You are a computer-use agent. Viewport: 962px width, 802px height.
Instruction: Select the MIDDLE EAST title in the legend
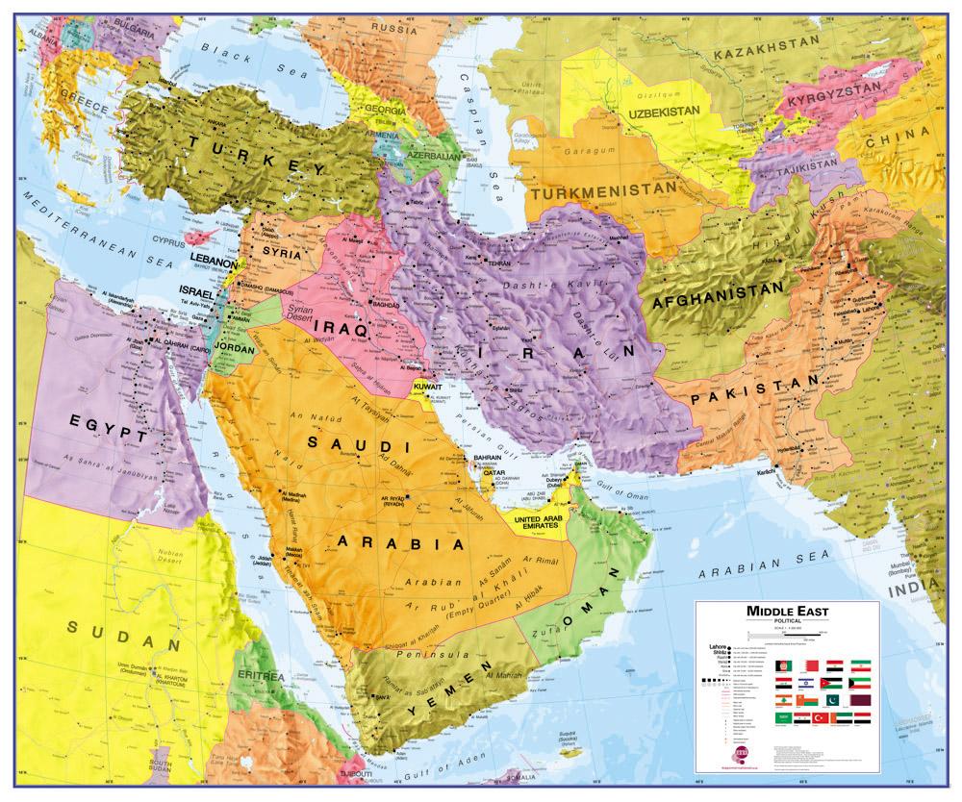coord(787,612)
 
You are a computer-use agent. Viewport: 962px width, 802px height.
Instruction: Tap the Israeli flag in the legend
coord(806,683)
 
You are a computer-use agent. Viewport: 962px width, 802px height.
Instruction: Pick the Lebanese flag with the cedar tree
coord(783,700)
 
